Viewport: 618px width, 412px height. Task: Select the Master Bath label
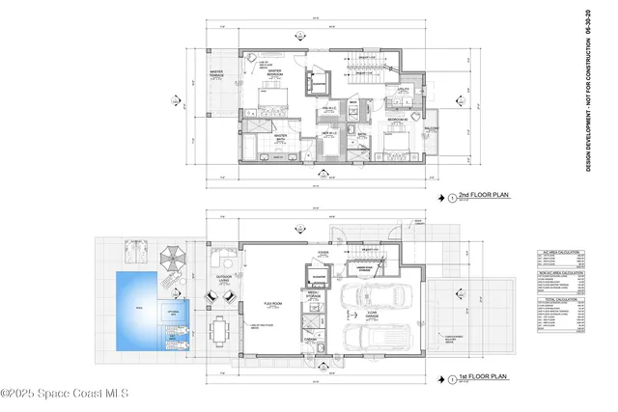click(x=281, y=137)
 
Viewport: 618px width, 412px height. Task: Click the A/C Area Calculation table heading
click(x=559, y=252)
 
